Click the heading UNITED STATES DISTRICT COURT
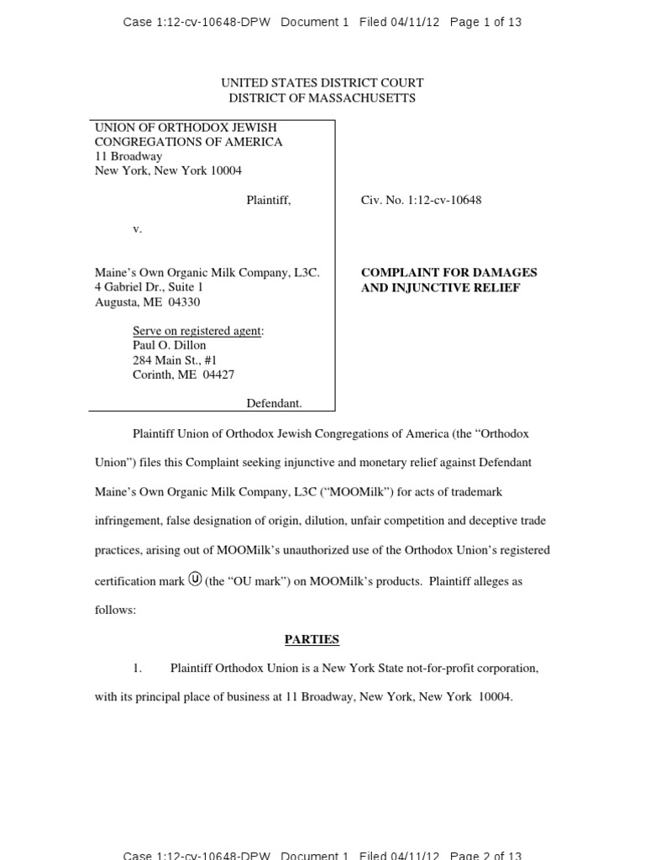pyautogui.click(x=322, y=82)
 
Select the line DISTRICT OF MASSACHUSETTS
pyautogui.click(x=322, y=97)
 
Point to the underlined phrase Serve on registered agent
pyautogui.click(x=197, y=331)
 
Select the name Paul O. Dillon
pyautogui.click(x=169, y=345)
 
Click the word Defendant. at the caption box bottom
pyautogui.click(x=274, y=403)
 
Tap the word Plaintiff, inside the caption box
pyautogui.click(x=268, y=200)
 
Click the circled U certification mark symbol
pyautogui.click(x=195, y=579)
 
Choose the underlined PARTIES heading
pyautogui.click(x=312, y=639)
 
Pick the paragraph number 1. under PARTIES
pyautogui.click(x=138, y=669)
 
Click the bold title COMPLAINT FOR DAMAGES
pyautogui.click(x=448, y=272)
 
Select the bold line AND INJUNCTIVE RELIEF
pyautogui.click(x=440, y=287)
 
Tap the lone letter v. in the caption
pyautogui.click(x=138, y=228)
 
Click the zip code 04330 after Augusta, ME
pyautogui.click(x=184, y=302)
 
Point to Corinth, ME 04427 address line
pyautogui.click(x=183, y=375)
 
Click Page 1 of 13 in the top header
pyautogui.click(x=485, y=22)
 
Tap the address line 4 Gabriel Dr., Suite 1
pyautogui.click(x=149, y=287)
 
